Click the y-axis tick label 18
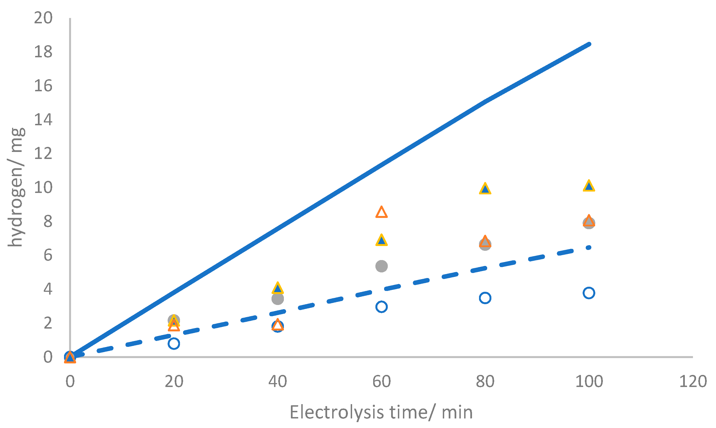coord(43,52)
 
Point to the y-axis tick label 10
coord(43,188)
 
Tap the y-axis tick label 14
coord(43,120)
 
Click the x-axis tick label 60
coord(381,381)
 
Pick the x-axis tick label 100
coord(589,381)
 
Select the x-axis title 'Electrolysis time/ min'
coord(381,413)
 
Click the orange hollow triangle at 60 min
coord(381,213)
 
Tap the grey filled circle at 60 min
coord(381,266)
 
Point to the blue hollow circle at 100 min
coord(589,293)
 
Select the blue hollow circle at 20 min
coord(174,343)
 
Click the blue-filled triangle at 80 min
coord(485,189)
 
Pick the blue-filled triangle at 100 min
coord(589,186)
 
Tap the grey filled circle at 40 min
coord(277,299)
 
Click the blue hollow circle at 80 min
coord(485,298)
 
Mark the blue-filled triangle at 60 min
coord(381,240)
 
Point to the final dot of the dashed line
coord(589,247)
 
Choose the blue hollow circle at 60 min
coord(381,307)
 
